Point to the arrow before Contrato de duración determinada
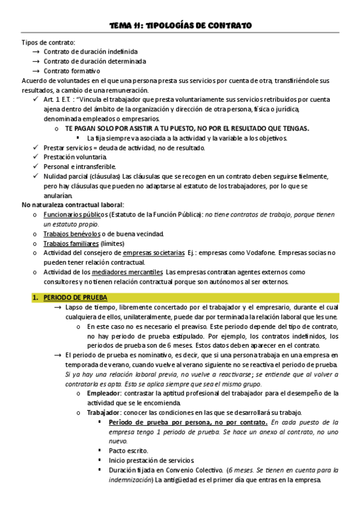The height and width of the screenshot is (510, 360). click(35, 61)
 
